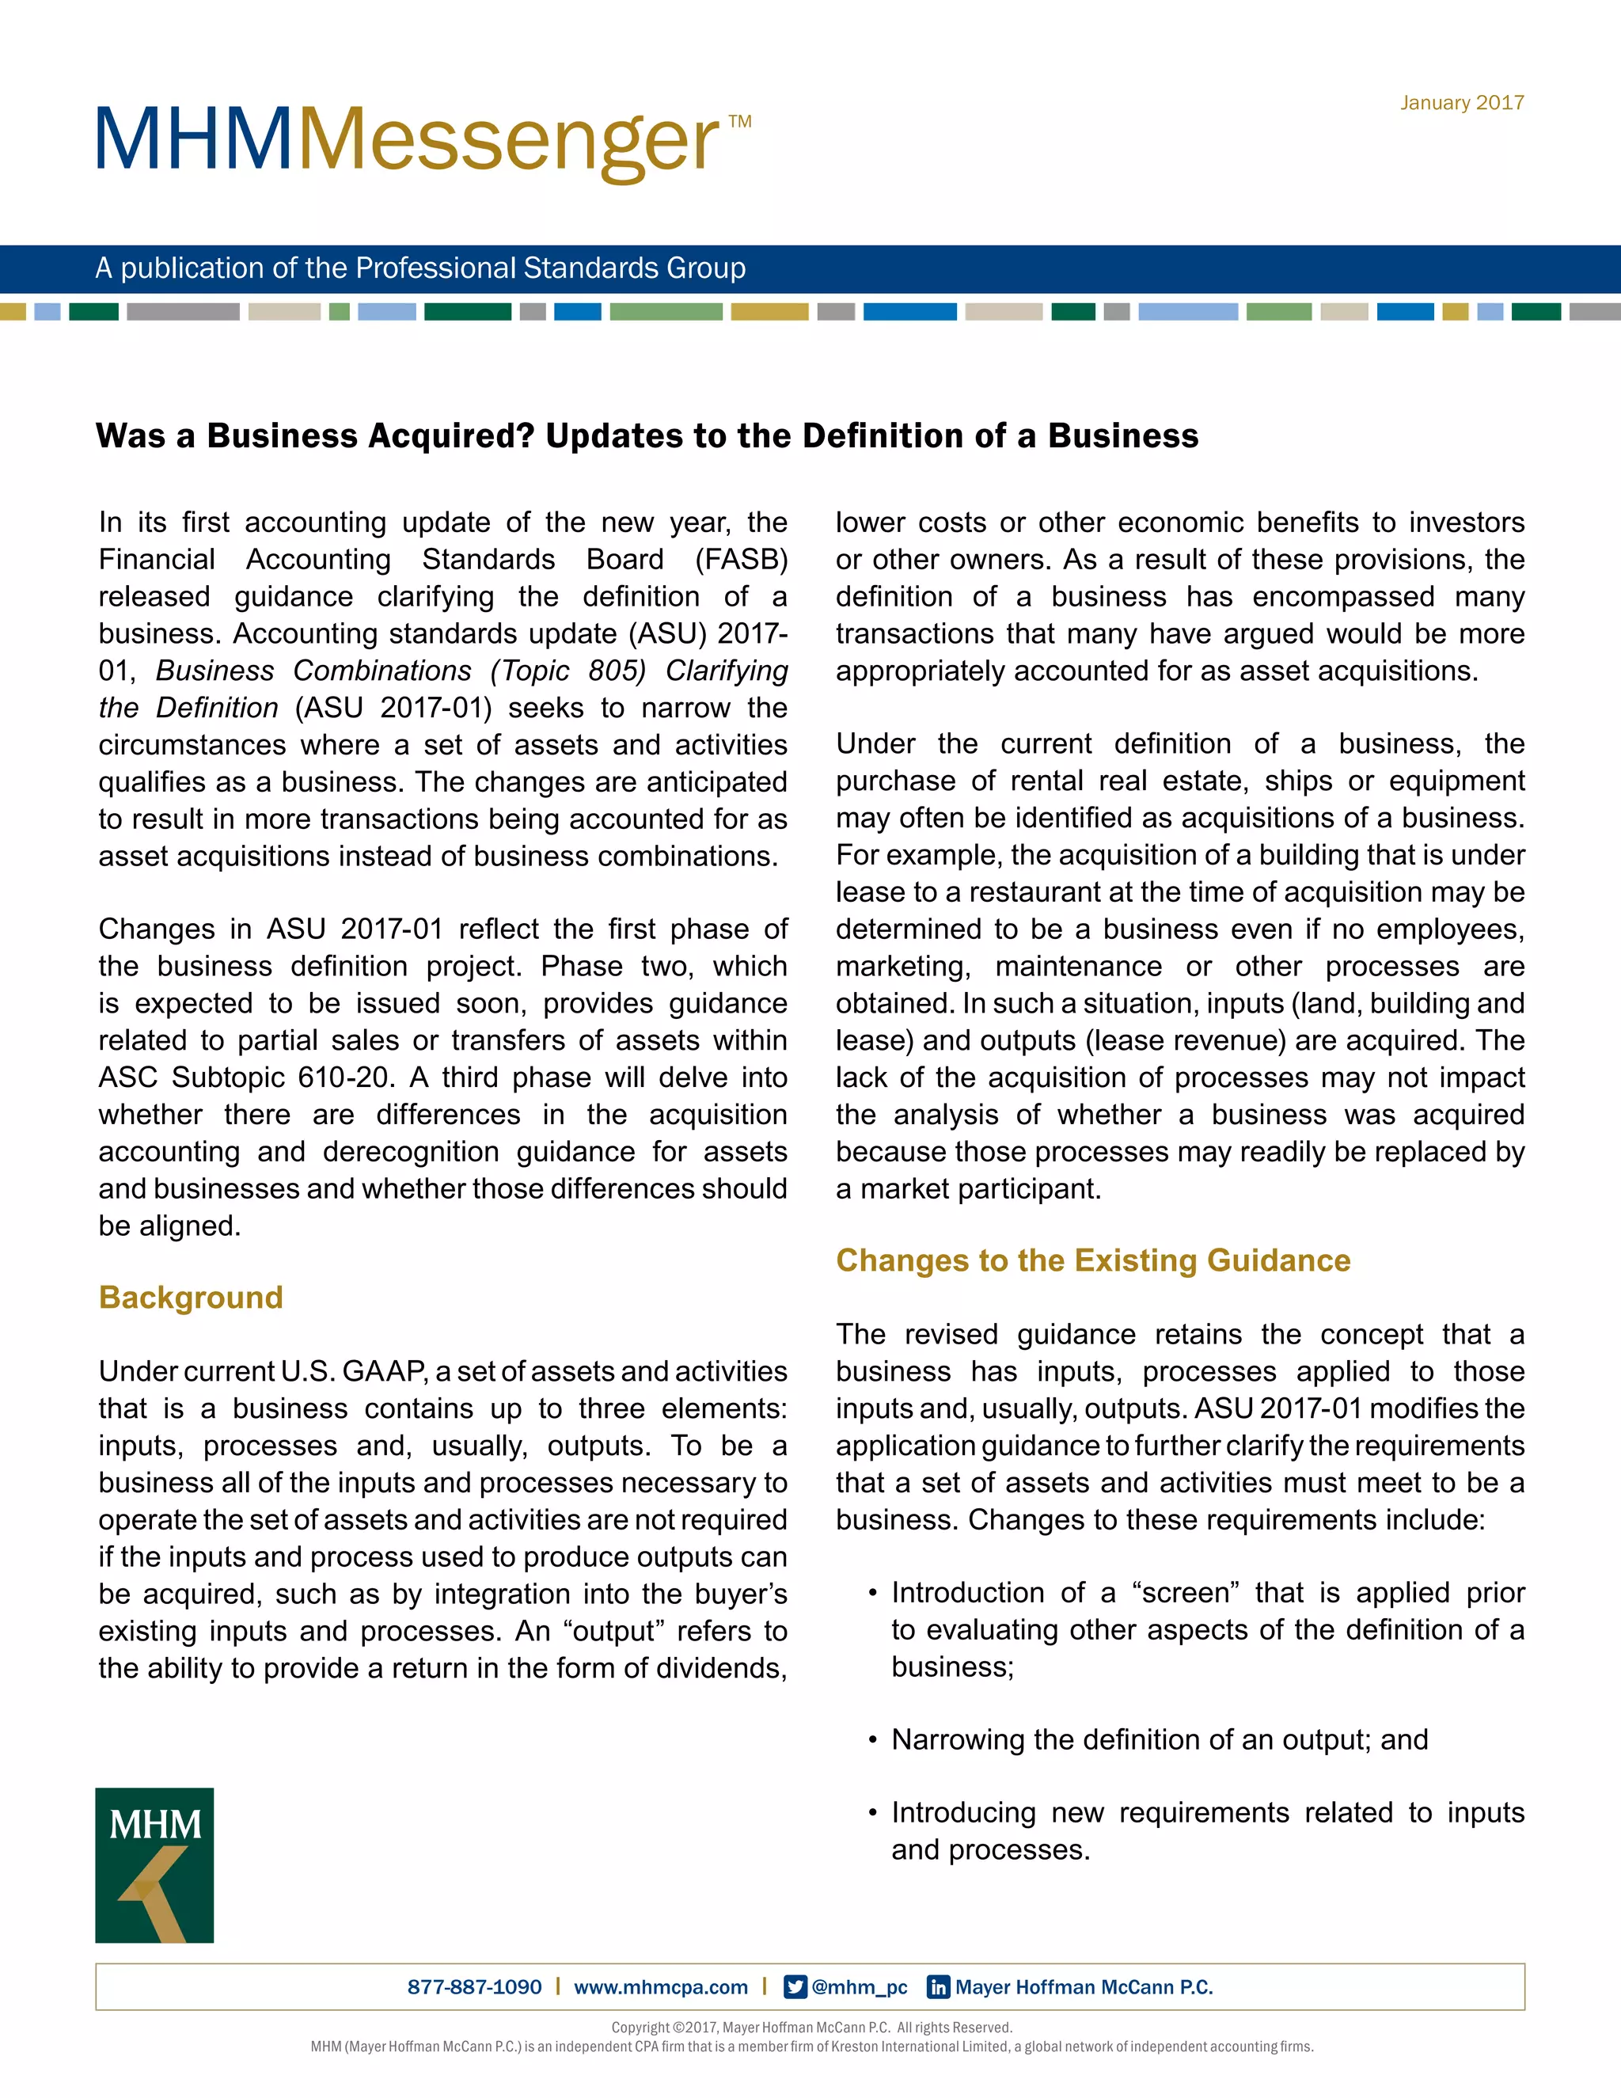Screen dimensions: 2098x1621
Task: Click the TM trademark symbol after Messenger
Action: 739,122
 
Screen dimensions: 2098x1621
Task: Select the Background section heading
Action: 190,1297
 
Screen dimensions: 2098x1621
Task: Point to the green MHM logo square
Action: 154,1864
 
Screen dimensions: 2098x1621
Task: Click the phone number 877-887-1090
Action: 474,1986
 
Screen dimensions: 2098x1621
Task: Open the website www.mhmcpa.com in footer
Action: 661,1986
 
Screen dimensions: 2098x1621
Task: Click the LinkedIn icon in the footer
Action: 937,1986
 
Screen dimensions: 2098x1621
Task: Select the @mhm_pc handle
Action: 860,1986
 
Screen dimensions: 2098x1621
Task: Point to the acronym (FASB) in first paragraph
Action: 740,559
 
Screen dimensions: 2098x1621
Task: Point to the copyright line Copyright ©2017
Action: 811,2027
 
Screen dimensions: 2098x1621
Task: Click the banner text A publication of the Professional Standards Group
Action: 419,268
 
